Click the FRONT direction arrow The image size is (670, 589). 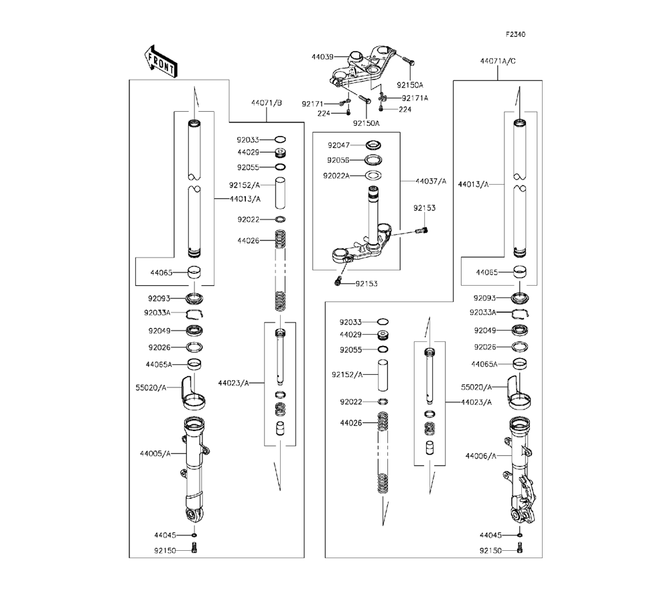point(160,60)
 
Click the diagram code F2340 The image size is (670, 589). point(515,34)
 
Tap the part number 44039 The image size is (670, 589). point(322,58)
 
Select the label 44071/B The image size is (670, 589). point(267,103)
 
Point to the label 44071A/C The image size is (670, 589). point(498,61)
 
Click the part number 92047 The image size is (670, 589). point(339,145)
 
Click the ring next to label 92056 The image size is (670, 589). point(374,161)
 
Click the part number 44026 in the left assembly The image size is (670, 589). point(248,240)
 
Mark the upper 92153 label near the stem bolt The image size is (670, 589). point(424,208)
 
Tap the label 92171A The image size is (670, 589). point(415,98)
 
